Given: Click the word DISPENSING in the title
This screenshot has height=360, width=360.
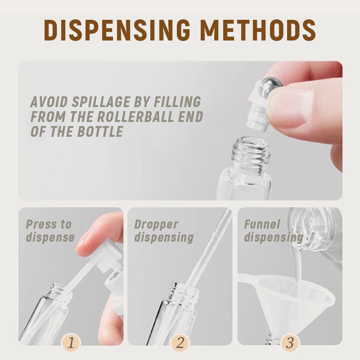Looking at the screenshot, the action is [117, 30].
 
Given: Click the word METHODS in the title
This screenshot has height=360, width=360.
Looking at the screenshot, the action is [258, 30].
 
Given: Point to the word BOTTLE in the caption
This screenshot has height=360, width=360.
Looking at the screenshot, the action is [100, 131].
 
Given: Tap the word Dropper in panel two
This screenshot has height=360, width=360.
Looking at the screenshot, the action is [156, 224].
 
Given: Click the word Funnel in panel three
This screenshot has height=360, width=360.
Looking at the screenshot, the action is [262, 224].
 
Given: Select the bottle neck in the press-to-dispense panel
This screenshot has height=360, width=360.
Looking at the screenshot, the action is [58, 292].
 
